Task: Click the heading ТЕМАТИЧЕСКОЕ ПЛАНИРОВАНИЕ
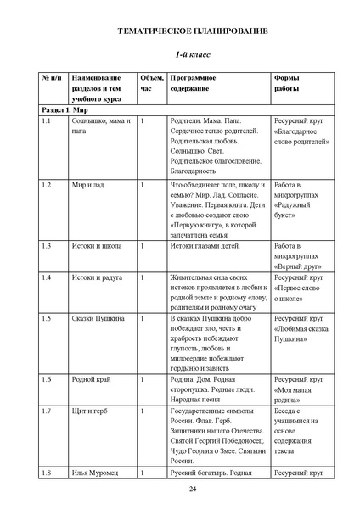(180, 31)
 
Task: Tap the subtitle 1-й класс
(180, 54)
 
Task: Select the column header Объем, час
(150, 83)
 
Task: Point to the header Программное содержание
(192, 83)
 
